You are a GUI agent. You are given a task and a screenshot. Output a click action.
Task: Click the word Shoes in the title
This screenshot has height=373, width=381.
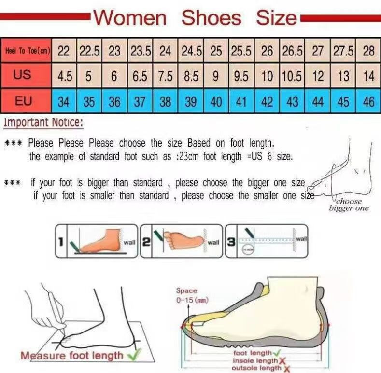pyautogui.click(x=211, y=18)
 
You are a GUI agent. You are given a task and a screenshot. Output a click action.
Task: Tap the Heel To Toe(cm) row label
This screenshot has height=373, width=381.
pyautogui.click(x=27, y=51)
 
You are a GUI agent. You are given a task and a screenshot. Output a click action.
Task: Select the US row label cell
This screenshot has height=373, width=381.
pyautogui.click(x=22, y=76)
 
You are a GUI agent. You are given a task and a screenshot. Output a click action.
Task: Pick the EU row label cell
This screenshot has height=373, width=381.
pyautogui.click(x=23, y=101)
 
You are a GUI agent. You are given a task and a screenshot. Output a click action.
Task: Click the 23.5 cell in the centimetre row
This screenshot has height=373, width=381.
pyautogui.click(x=140, y=51)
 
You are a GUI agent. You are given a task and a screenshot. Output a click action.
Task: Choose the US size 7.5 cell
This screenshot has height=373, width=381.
pyautogui.click(x=166, y=76)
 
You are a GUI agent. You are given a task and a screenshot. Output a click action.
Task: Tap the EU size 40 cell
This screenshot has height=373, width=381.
pyautogui.click(x=216, y=102)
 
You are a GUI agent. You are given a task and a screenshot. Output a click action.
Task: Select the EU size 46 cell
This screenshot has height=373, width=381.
pyautogui.click(x=368, y=102)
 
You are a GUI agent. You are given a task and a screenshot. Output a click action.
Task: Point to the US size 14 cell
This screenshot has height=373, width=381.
pyautogui.click(x=368, y=76)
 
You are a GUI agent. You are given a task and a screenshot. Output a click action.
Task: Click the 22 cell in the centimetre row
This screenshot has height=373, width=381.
pyautogui.click(x=64, y=51)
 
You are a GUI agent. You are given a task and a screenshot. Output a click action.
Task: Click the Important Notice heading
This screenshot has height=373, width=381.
pyautogui.click(x=43, y=123)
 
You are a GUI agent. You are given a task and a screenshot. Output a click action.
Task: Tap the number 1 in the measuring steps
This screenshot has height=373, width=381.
pyautogui.click(x=61, y=240)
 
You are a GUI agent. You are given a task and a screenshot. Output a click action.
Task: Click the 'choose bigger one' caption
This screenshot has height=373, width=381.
pyautogui.click(x=349, y=205)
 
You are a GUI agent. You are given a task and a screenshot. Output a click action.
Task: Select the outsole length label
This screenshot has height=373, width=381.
pyautogui.click(x=256, y=368)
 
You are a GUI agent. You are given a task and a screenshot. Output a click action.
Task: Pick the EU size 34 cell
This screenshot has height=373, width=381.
pyautogui.click(x=64, y=102)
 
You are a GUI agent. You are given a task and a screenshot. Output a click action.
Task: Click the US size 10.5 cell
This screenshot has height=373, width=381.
pyautogui.click(x=292, y=76)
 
